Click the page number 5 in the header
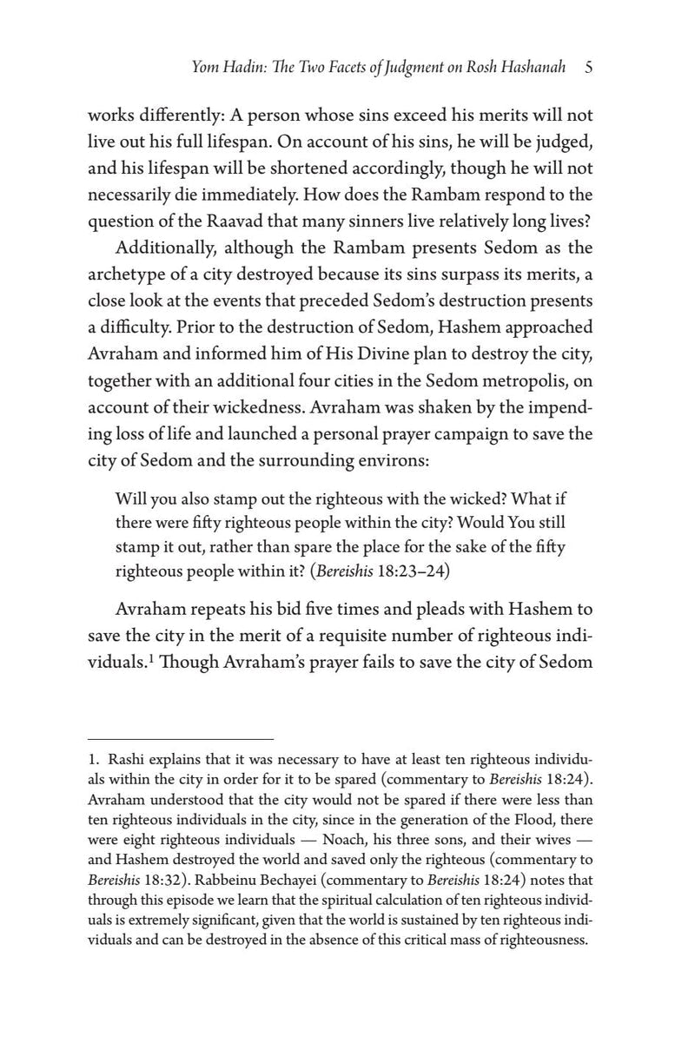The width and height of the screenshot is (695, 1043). pos(588,69)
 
